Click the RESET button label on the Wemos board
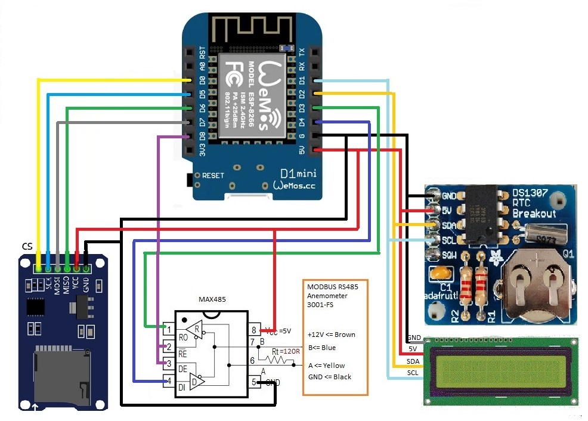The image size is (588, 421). [213, 176]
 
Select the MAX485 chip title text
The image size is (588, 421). [212, 298]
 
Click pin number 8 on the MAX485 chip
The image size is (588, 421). [253, 329]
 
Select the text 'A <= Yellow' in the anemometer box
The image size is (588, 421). [326, 366]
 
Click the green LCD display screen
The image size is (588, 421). [500, 372]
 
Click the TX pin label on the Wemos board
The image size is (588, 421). [302, 51]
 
